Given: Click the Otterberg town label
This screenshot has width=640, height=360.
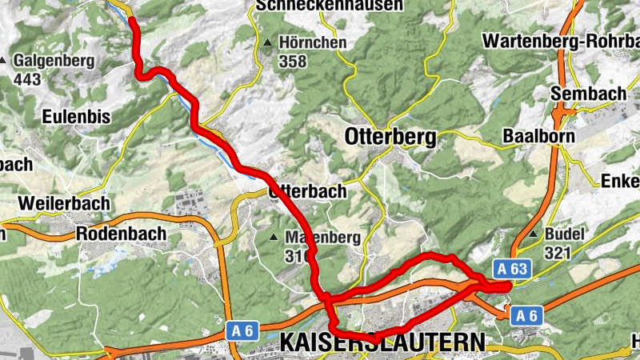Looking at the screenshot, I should pos(390,137).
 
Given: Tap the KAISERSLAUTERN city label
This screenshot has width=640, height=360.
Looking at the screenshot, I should pos(382,342).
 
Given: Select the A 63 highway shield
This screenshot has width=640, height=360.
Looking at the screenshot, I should pos(510,269).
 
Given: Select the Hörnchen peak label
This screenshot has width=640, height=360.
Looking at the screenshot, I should pos(314,42).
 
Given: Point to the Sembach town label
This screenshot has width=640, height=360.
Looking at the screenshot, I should pos(588,94).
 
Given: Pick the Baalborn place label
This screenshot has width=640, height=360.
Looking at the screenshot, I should pos(539,137).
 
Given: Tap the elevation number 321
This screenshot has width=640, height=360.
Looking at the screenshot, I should pos(557,253).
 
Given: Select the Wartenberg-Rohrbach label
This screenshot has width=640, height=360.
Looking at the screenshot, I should pos(561,40).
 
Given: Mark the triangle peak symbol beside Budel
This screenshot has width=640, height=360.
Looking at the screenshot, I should pos(534,234).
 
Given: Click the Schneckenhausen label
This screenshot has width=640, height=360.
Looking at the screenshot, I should pos(330,6).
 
